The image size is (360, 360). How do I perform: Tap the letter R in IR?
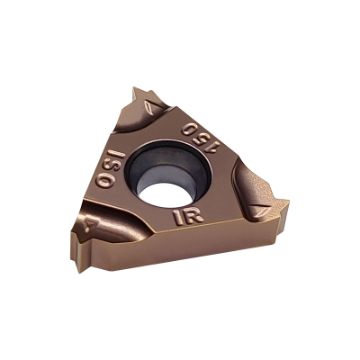point(193,215)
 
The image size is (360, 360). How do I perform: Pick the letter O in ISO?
point(104,181)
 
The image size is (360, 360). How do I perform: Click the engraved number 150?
point(201,137)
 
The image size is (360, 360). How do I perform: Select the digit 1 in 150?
point(214,147)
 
